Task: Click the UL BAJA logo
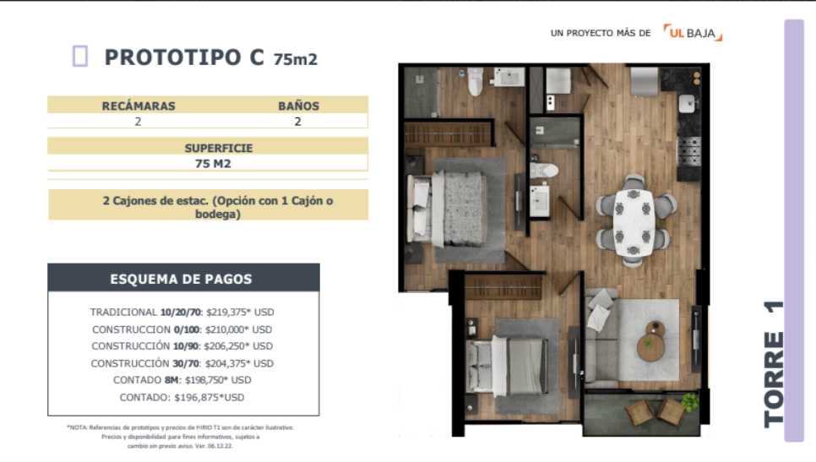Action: (693, 33)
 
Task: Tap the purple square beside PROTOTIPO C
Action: (80, 57)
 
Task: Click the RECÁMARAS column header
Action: (139, 106)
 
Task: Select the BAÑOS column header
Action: (298, 106)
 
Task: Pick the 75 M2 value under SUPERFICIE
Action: (213, 164)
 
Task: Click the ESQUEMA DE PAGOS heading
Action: (181, 280)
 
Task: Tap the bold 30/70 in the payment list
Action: (186, 364)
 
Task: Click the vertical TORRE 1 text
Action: (774, 364)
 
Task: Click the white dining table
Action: (634, 222)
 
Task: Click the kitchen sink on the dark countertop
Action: (688, 103)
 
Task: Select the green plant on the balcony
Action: (690, 401)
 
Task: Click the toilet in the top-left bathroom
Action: (475, 82)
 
